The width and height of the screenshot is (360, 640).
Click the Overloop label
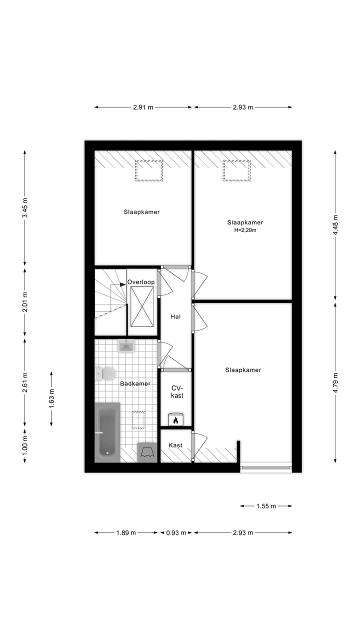click(x=141, y=282)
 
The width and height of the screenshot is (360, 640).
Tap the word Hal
click(x=175, y=316)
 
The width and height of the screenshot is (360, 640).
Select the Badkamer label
click(x=135, y=383)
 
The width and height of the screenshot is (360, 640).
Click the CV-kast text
click(x=177, y=391)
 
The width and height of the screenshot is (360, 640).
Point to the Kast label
click(x=175, y=445)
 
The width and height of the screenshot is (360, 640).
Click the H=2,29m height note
click(x=245, y=230)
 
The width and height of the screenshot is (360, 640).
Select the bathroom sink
click(x=127, y=346)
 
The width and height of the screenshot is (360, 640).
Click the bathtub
click(x=107, y=432)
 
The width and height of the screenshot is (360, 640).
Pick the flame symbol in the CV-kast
click(x=175, y=420)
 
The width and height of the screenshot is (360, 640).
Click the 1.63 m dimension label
click(x=51, y=398)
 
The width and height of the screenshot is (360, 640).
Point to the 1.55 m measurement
click(x=266, y=506)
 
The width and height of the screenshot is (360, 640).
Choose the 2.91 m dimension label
click(x=143, y=107)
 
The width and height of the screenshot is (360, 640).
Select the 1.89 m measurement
click(x=126, y=533)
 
